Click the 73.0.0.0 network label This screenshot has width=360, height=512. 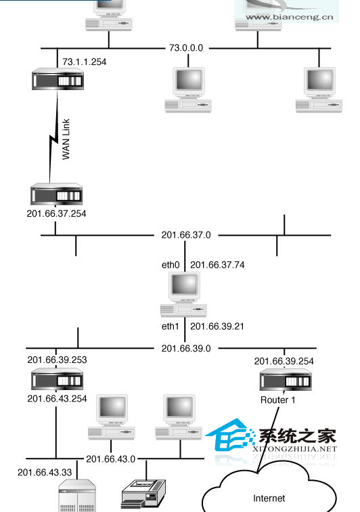click(186, 48)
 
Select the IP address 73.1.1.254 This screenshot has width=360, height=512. click(84, 62)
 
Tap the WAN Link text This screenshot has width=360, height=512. click(66, 139)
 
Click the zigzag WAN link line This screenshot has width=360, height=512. click(53, 137)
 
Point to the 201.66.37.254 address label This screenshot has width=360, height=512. click(56, 213)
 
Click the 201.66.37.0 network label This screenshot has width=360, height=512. click(186, 235)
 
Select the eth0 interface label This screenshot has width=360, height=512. click(171, 265)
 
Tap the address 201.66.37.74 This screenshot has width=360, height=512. click(217, 265)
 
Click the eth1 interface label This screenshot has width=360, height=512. click(171, 326)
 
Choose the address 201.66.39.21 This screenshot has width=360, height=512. click(217, 326)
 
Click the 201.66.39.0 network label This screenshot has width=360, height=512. click(186, 348)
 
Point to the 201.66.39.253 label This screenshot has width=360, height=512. click(57, 360)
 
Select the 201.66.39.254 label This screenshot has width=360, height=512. click(284, 361)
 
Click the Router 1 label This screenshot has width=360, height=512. click(277, 400)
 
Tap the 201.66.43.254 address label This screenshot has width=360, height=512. click(57, 399)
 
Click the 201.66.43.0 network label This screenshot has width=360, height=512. click(111, 459)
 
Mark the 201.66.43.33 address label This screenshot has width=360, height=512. click(45, 473)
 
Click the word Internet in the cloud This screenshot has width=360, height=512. click(269, 498)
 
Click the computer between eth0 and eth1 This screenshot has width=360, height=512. click(184, 295)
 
